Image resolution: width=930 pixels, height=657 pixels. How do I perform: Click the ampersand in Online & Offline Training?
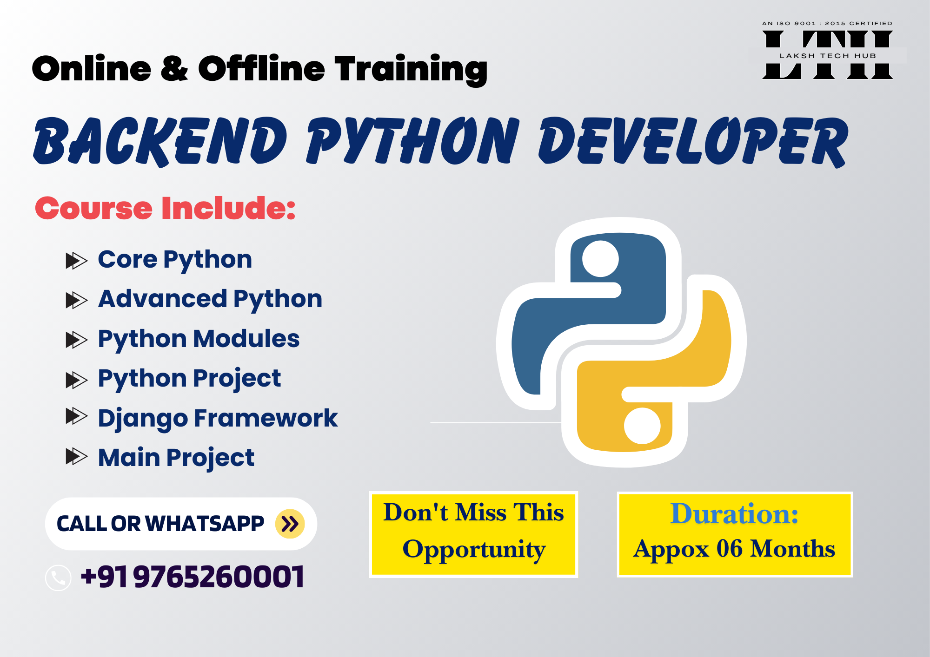174,69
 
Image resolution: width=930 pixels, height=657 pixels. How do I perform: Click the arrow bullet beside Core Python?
76,261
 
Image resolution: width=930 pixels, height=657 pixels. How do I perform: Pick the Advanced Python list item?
210,299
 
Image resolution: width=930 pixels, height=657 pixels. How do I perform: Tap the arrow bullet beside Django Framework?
76,416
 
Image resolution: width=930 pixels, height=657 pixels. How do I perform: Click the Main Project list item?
176,458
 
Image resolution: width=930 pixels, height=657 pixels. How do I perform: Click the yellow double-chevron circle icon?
290,524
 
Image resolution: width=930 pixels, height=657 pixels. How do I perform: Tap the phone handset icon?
58,578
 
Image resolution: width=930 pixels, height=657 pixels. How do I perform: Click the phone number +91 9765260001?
193,577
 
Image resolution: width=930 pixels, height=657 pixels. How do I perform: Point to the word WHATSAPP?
205,524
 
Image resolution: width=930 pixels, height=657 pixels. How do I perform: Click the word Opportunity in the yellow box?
473,550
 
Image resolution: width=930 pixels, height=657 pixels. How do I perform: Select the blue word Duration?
734,514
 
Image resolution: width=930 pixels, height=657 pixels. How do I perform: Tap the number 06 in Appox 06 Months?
730,549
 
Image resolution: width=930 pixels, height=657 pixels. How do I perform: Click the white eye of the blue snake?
600,259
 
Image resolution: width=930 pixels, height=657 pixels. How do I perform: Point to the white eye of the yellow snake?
642,426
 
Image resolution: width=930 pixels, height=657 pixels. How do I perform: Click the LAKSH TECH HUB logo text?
828,56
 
